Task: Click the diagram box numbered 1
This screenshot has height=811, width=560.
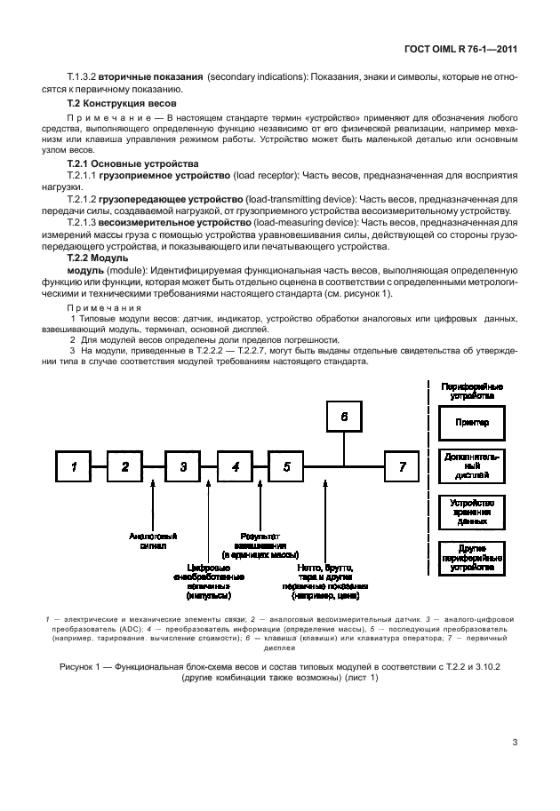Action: point(76,466)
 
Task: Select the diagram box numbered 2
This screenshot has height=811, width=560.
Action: point(126,466)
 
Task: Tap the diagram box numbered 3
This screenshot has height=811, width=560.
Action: point(182,466)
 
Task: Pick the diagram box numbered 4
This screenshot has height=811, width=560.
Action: point(235,466)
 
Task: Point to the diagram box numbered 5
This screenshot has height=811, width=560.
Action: point(287,466)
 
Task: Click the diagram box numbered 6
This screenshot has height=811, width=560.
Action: point(345,415)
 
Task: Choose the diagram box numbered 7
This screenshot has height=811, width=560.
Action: point(402,466)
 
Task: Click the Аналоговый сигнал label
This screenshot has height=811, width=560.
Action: point(153,541)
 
